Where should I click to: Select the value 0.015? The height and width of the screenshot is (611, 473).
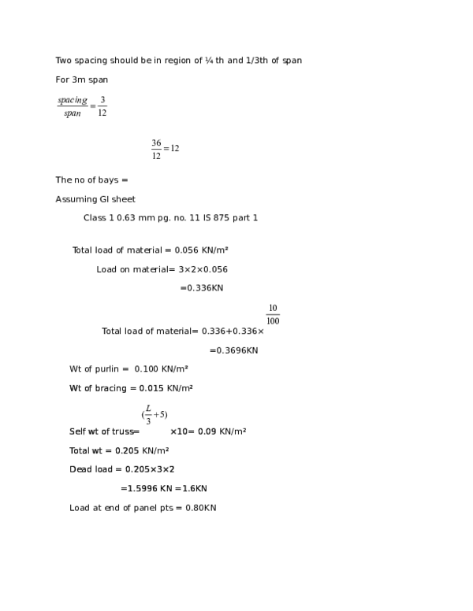click(x=151, y=388)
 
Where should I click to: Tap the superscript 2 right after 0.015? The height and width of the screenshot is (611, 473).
click(x=191, y=387)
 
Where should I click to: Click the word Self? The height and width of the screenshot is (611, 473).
click(x=77, y=431)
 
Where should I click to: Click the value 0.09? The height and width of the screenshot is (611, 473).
click(x=207, y=431)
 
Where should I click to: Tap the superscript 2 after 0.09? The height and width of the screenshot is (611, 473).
click(x=244, y=430)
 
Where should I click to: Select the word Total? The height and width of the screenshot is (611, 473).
click(x=80, y=451)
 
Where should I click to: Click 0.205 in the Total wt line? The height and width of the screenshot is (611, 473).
click(x=127, y=451)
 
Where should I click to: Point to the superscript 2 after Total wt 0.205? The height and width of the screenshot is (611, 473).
click(x=166, y=450)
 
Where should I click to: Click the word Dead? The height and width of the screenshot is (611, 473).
click(x=80, y=469)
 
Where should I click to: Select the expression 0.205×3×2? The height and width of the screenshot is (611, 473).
click(x=150, y=469)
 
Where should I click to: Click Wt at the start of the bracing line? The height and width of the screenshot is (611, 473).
click(x=75, y=388)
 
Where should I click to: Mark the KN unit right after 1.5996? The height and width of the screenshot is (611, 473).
click(x=166, y=489)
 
